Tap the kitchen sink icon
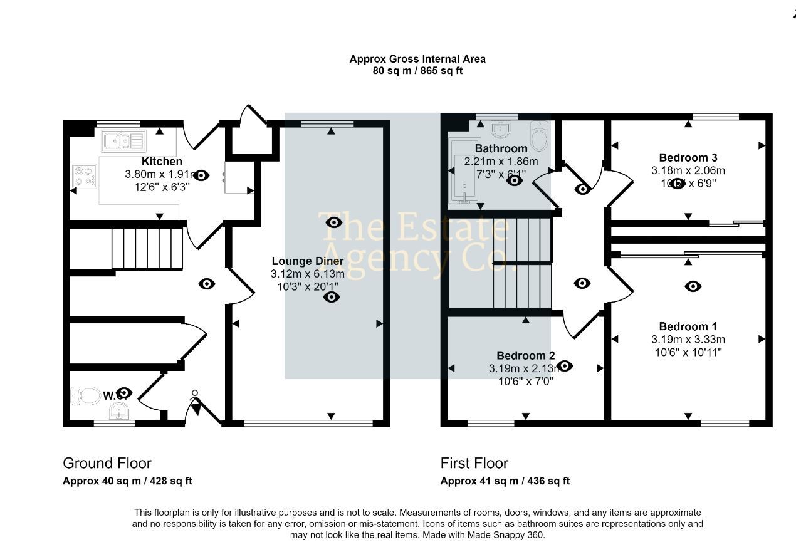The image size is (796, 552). click(x=123, y=141)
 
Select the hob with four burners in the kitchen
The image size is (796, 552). click(x=84, y=175)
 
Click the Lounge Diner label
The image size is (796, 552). click(x=307, y=261)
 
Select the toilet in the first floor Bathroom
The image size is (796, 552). click(x=539, y=135)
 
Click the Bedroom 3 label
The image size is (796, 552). click(x=688, y=157)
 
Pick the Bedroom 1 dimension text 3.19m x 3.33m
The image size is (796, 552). click(x=688, y=340)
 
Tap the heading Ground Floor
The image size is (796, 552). click(x=107, y=463)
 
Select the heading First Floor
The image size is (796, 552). click(x=474, y=463)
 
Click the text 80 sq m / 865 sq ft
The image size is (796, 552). click(x=417, y=71)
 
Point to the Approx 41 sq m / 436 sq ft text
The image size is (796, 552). click(x=505, y=481)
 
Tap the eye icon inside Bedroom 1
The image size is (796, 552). click(x=693, y=286)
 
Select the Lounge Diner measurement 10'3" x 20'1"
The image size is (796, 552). click(x=307, y=287)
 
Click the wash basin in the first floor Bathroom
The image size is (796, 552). click(x=500, y=130)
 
